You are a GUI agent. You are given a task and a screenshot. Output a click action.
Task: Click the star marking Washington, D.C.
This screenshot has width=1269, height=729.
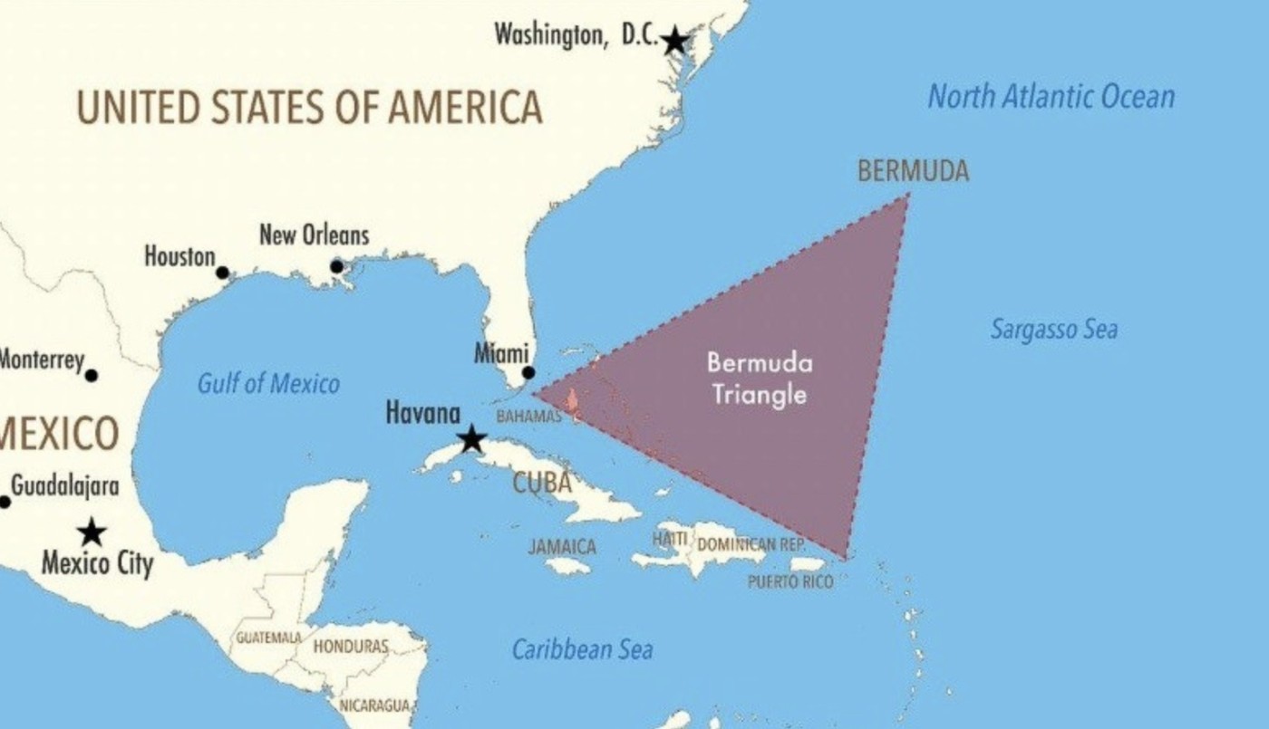(674, 41)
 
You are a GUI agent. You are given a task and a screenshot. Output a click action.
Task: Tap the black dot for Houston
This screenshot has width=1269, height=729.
(222, 273)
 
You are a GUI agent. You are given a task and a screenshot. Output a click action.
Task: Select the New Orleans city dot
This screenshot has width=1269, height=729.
(336, 266)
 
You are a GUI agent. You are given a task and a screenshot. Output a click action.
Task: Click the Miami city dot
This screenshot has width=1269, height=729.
(528, 372)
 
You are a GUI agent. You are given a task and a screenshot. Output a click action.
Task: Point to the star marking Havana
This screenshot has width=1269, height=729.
(471, 440)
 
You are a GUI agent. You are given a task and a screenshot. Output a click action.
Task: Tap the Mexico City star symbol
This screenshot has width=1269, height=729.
(91, 532)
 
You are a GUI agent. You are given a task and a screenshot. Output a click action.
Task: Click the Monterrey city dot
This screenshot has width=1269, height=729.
(91, 375)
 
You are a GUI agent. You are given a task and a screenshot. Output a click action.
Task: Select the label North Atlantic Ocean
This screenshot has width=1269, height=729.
(1051, 96)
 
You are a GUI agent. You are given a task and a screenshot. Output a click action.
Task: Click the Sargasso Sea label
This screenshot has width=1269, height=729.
(1053, 329)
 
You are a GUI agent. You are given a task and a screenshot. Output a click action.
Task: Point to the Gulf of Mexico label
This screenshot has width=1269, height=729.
(268, 384)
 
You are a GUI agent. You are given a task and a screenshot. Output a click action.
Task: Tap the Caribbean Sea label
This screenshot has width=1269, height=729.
(582, 649)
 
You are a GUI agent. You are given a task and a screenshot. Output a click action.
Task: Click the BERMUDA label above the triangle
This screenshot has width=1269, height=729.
(913, 171)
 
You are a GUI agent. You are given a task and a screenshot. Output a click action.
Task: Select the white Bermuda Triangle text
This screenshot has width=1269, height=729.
(759, 379)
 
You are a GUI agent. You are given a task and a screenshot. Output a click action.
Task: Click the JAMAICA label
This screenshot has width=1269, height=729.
(562, 547)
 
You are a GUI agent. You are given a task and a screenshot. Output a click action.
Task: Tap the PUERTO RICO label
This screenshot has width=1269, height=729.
(789, 582)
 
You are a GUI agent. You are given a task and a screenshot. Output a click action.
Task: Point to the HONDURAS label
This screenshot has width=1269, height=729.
(351, 647)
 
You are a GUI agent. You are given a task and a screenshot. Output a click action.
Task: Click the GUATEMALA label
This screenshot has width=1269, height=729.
(268, 638)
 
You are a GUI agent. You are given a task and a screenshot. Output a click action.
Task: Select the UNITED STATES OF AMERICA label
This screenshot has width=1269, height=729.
(309, 107)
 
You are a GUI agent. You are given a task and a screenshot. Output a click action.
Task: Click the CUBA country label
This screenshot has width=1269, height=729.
(542, 483)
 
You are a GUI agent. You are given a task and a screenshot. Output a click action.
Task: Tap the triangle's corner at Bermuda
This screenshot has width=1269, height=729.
(907, 195)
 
